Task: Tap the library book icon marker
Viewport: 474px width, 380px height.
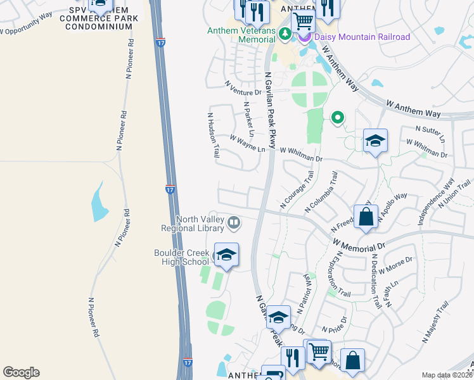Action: click(x=234, y=222)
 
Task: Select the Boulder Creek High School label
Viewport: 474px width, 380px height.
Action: click(x=181, y=256)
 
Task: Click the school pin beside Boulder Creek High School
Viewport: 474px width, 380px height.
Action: click(x=226, y=255)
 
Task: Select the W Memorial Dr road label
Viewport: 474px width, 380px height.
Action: click(x=358, y=245)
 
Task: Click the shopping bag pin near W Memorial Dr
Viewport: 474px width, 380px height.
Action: click(x=366, y=217)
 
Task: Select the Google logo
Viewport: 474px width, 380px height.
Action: click(x=21, y=372)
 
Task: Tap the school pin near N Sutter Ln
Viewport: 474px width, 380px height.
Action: click(x=375, y=141)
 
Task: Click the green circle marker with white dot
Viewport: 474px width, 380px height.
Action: click(x=338, y=117)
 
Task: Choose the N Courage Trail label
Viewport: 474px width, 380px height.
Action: click(x=297, y=193)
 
